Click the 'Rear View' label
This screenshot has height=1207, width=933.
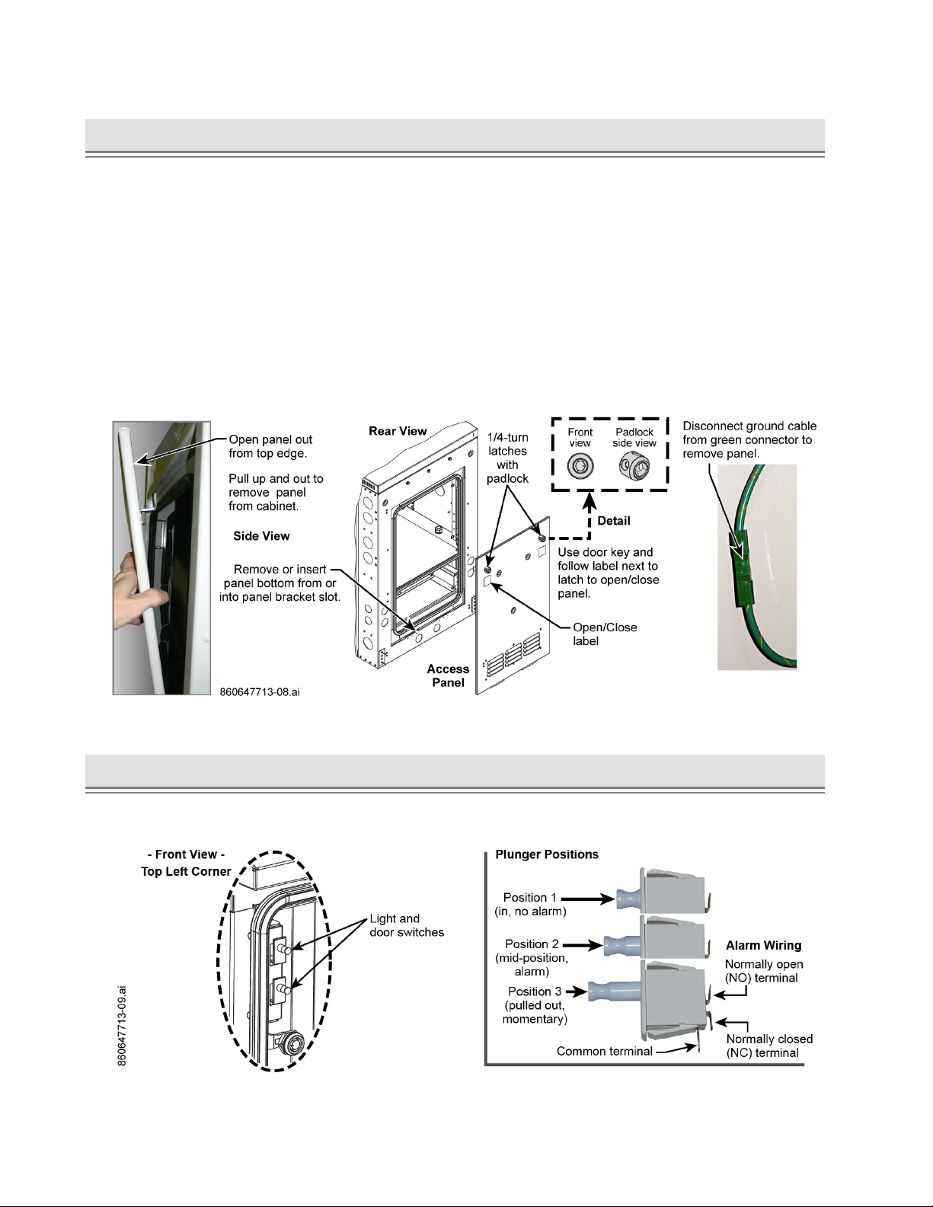tap(398, 431)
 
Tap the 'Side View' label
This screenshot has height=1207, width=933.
tap(261, 536)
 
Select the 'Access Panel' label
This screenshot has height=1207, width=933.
tap(448, 675)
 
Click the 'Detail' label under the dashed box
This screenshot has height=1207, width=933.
tap(613, 521)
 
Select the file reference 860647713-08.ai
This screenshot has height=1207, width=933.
tap(260, 693)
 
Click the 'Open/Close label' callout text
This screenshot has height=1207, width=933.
tap(605, 634)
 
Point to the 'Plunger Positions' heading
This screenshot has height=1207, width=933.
tap(547, 854)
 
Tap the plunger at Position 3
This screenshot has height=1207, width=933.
tap(615, 991)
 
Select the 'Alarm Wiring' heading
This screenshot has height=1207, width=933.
tap(763, 945)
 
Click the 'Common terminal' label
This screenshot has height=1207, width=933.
tap(604, 1052)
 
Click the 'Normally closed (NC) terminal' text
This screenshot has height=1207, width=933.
tap(768, 1046)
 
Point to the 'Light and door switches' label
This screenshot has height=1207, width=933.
tap(407, 925)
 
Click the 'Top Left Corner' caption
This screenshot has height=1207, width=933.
tap(186, 871)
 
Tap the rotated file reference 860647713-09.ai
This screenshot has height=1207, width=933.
tap(122, 1026)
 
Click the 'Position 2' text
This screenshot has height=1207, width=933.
tap(532, 944)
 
